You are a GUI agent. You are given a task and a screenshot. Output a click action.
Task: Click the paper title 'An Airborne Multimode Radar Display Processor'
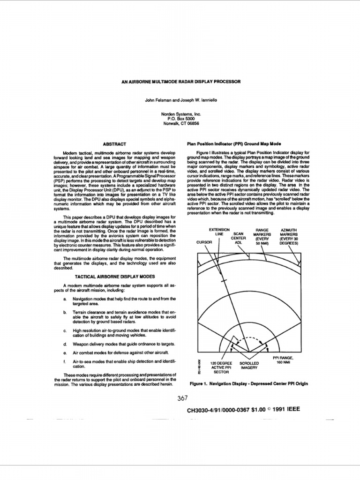180,81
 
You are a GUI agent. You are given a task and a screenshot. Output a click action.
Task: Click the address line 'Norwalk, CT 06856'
180,123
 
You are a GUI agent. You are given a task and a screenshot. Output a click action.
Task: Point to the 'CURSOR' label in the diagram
204,242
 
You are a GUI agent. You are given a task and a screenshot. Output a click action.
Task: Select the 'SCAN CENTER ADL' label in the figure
239,238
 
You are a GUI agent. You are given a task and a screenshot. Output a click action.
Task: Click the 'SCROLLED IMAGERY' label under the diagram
249,366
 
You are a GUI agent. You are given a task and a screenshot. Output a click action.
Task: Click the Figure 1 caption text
248,383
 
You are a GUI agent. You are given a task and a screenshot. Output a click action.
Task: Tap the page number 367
184,399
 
